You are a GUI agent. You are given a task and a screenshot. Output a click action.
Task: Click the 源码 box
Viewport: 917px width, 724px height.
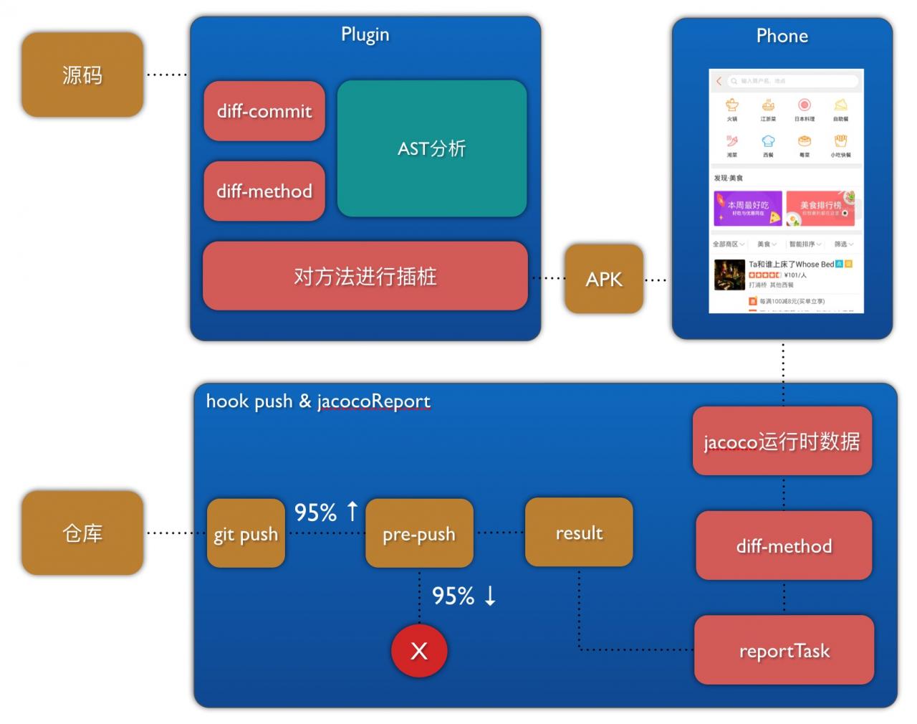[x=82, y=75]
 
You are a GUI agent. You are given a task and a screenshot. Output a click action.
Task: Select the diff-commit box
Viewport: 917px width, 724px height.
[x=264, y=111]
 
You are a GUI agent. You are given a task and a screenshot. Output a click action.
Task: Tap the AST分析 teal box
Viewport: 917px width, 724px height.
[x=432, y=148]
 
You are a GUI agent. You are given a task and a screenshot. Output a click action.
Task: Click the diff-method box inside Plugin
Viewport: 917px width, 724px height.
[x=264, y=191]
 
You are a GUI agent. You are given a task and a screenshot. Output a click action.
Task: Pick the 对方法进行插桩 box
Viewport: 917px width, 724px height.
[x=365, y=276]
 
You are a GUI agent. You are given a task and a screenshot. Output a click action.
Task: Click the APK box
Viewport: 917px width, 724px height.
[x=604, y=279]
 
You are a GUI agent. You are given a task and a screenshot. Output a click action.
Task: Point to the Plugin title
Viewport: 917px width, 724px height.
[x=365, y=34]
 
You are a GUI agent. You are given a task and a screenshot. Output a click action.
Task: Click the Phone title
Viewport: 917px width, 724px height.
[x=782, y=36]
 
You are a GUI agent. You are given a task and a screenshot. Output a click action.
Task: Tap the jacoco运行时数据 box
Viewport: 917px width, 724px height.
[x=782, y=441]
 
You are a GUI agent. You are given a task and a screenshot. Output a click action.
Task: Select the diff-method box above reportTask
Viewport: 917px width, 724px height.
[x=784, y=546]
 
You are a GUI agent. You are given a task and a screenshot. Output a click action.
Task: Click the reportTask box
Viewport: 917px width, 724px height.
[x=784, y=650]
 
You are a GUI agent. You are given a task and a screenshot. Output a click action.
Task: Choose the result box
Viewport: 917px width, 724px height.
[x=579, y=533]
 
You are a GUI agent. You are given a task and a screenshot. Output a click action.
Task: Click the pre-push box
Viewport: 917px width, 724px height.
[x=419, y=534]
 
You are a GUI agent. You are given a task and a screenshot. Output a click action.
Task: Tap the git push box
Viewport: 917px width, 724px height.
[x=246, y=534]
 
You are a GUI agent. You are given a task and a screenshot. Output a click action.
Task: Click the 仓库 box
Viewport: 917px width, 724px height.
[x=82, y=533]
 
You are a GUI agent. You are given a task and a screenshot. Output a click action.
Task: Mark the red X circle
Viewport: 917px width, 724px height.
[x=419, y=650]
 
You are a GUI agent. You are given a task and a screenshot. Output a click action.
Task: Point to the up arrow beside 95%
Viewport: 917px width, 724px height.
[x=352, y=511]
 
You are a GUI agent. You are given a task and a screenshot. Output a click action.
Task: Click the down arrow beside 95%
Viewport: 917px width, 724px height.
[x=490, y=596]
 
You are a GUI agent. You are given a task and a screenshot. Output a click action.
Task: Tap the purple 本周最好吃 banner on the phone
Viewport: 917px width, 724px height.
[x=747, y=209]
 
